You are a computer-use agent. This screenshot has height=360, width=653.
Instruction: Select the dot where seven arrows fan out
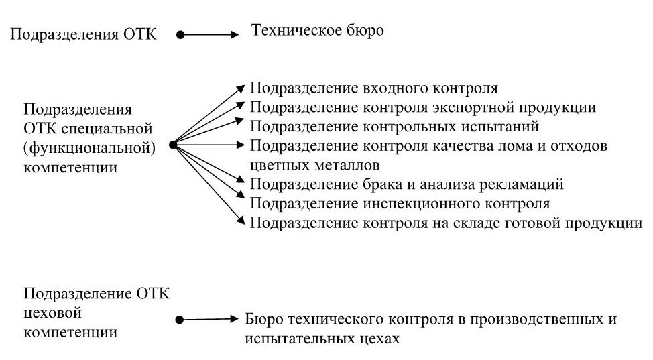(172, 144)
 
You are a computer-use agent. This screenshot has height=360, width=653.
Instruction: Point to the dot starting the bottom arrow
(178, 321)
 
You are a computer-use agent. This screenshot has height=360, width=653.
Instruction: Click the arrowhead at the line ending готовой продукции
(242, 221)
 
